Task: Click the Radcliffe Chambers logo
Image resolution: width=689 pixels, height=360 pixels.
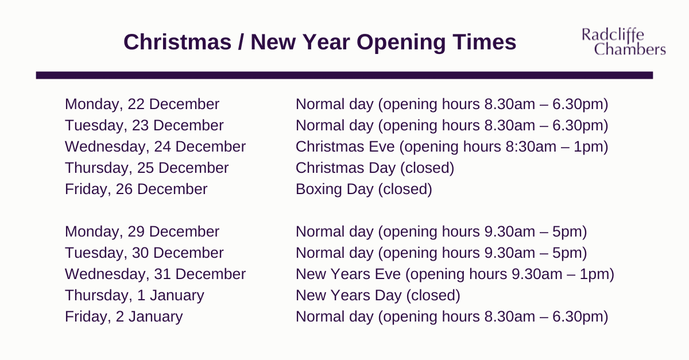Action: pos(624,42)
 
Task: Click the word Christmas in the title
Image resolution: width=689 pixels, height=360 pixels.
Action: pos(177,42)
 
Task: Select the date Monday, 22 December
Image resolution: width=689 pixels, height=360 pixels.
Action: pos(142,104)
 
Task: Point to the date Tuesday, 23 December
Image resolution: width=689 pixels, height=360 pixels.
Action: pos(144,126)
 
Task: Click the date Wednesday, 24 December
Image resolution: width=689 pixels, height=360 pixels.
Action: pos(156,147)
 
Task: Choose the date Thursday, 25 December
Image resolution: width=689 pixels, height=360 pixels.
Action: pos(147,168)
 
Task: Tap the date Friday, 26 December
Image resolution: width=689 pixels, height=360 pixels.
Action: pos(136,189)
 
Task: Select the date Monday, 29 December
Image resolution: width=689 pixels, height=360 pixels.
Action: pos(142,232)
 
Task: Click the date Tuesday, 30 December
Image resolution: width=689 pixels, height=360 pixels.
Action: pos(144,253)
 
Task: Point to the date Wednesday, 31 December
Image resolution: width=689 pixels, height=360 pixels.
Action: pos(156,274)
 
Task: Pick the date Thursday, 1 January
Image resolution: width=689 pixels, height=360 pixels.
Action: pos(134,295)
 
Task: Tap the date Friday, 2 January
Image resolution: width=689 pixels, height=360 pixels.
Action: pos(124,316)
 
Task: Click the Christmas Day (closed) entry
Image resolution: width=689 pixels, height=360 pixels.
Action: pos(375,168)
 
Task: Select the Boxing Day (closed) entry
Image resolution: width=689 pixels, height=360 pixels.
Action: pos(364,189)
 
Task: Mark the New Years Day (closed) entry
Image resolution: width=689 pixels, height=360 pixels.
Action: pos(378,296)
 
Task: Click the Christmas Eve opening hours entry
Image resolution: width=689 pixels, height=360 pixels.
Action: pos(452,147)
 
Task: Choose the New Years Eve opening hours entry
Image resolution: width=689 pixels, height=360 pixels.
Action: pos(455,274)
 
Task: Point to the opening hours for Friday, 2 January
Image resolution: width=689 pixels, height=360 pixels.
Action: pos(452,317)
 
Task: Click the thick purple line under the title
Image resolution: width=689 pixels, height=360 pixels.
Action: pos(344,75)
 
